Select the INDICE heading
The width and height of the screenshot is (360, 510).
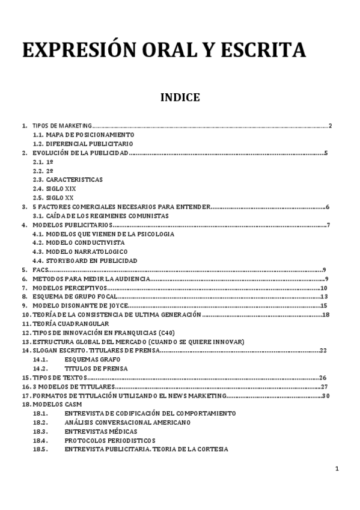tap(180, 97)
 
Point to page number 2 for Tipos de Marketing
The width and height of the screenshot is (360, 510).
tap(331, 126)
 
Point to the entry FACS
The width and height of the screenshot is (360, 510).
tap(40, 269)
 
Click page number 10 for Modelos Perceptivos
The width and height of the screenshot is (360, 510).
tap(323, 287)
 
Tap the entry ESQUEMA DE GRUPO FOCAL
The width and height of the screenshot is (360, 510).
tap(75, 296)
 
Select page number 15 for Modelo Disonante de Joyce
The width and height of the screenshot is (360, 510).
tap(323, 306)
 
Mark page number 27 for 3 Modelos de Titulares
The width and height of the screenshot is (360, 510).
tap(324, 386)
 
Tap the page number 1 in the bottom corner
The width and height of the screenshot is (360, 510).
tap(337, 469)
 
